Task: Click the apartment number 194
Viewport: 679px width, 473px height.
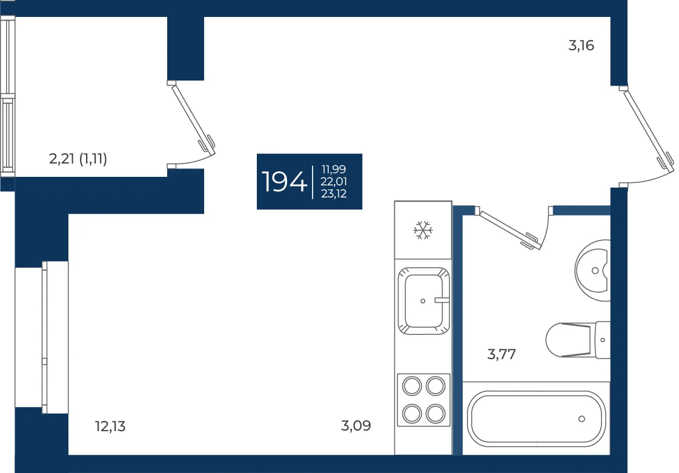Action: tap(284, 182)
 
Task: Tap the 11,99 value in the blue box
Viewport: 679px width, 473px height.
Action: tap(333, 170)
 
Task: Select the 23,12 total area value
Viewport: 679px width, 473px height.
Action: tap(334, 194)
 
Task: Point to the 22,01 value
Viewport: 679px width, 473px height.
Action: tap(334, 182)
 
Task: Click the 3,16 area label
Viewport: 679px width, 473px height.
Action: tap(581, 45)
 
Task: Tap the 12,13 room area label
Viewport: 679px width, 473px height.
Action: tap(110, 426)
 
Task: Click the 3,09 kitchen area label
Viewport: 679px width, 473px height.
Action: tap(356, 426)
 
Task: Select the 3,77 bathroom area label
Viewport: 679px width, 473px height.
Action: tap(502, 354)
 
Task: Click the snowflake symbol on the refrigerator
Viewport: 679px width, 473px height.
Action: tap(423, 230)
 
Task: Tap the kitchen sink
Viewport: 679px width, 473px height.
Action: tap(423, 300)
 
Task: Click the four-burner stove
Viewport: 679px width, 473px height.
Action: tap(423, 400)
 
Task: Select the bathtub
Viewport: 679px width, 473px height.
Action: tap(536, 418)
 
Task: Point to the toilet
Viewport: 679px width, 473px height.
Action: tap(578, 340)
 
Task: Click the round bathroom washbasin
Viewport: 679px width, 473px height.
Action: tap(593, 271)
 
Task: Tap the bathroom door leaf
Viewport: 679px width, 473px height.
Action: tap(509, 230)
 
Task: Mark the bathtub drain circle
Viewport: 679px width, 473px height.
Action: tap(581, 419)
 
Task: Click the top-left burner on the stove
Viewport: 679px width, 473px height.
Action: tap(412, 386)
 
